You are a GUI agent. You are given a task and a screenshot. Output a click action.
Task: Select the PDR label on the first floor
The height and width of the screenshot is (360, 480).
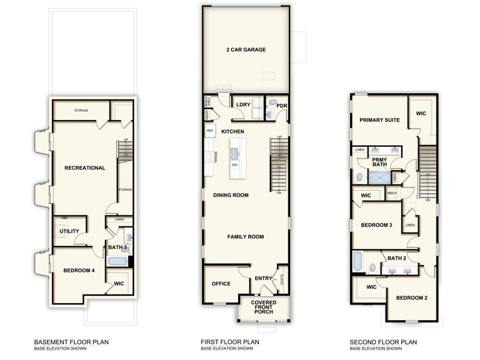(x=282, y=106)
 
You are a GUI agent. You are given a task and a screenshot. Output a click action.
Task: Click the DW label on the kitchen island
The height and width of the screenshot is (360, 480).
(x=235, y=165)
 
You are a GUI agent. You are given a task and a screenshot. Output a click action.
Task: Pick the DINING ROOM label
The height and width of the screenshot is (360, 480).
(x=230, y=195)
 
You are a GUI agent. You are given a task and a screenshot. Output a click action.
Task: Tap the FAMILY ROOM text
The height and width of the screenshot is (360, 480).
(x=245, y=236)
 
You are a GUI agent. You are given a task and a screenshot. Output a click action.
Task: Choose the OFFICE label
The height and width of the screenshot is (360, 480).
(x=220, y=284)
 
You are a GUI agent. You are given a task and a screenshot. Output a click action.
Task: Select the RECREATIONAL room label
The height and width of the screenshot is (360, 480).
(x=84, y=168)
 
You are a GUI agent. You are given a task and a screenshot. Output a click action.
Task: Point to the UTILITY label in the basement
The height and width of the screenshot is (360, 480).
(x=69, y=231)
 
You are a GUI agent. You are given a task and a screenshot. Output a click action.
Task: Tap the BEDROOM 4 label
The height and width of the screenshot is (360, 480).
(x=79, y=270)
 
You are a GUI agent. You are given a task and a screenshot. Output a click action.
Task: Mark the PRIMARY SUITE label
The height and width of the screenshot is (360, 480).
(x=380, y=120)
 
